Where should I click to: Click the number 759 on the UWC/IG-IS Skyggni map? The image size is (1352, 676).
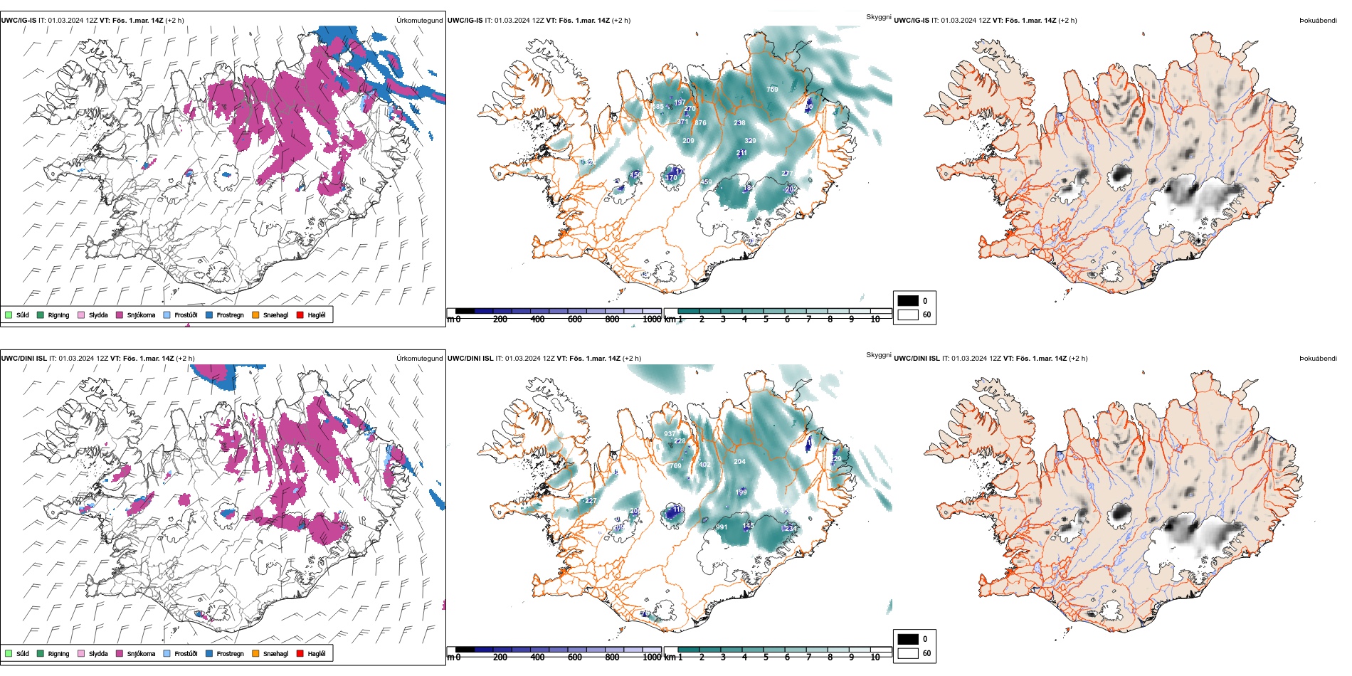[772, 90]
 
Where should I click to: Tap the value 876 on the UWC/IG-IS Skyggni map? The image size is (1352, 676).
[701, 123]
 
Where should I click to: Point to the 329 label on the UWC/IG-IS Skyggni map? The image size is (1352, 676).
[750, 141]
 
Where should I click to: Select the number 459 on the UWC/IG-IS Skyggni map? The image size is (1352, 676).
[706, 182]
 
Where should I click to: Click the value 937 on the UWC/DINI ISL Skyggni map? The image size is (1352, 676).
[670, 434]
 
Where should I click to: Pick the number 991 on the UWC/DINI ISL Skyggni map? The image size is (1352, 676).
[722, 527]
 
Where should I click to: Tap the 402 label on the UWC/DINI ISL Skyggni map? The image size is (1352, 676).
[704, 465]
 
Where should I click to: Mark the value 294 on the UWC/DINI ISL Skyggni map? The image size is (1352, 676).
[739, 462]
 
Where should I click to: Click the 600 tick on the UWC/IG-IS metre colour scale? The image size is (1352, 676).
[575, 319]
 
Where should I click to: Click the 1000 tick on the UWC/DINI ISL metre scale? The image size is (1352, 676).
[652, 657]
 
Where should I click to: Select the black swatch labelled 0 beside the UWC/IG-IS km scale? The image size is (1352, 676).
[908, 300]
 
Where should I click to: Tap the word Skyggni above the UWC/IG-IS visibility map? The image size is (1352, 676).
[878, 17]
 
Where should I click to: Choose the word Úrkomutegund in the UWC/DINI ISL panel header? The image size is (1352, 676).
[419, 359]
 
